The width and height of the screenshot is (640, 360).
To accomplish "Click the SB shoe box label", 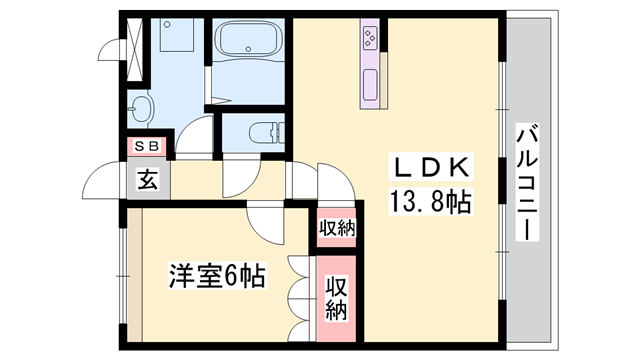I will click(147, 147).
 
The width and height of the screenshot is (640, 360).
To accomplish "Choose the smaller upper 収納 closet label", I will click(337, 227).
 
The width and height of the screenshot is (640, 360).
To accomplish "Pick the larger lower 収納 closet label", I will click(337, 297).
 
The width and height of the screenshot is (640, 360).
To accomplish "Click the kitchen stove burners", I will click(370, 39).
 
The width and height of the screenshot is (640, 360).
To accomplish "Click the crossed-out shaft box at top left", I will click(135, 40).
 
